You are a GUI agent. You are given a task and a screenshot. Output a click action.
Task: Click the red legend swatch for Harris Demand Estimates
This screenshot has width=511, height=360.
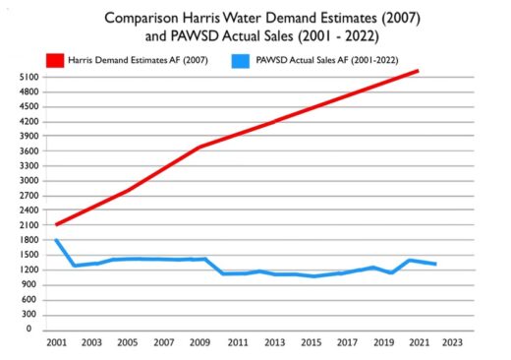55,61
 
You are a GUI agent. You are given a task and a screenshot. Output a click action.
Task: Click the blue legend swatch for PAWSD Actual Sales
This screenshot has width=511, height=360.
241,61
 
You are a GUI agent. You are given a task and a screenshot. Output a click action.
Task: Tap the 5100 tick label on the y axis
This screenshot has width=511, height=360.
29,78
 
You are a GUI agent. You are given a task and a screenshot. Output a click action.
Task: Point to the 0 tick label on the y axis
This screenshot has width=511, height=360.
28,329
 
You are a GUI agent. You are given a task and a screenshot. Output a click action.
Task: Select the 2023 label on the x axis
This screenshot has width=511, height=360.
452,342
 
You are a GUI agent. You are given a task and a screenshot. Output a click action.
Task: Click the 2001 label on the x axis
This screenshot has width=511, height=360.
57,342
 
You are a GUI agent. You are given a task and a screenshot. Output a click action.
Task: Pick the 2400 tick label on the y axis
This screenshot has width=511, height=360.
29,210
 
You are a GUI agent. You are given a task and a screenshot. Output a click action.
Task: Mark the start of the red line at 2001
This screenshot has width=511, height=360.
56,224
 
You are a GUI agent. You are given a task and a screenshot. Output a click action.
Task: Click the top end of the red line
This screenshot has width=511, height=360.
418,71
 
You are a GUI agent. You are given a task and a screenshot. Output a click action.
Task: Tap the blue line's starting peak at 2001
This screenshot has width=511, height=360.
56,240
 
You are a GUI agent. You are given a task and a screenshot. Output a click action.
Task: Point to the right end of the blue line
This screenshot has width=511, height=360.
435,264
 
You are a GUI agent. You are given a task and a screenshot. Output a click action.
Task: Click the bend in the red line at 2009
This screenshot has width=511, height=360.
199,147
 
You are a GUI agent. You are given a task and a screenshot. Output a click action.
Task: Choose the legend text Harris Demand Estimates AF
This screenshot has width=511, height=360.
124,60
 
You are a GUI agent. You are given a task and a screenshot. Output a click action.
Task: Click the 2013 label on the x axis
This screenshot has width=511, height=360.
275,342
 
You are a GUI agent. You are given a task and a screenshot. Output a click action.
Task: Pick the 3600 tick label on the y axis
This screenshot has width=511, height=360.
29,151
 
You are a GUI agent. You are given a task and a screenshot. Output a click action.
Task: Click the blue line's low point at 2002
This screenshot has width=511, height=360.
75,266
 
